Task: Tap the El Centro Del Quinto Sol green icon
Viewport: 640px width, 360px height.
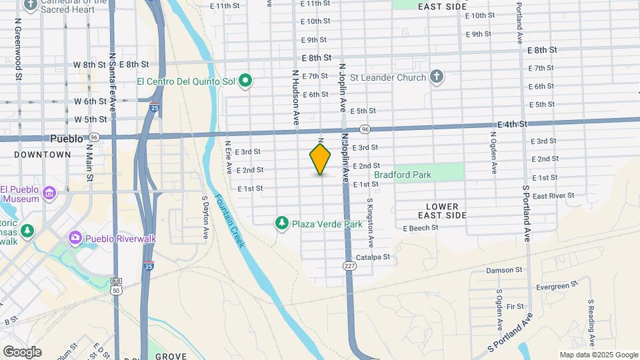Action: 245,81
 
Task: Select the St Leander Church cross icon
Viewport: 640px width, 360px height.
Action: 437,77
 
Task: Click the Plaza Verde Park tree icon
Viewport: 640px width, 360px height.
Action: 283,224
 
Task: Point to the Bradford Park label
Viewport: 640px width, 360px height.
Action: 403,175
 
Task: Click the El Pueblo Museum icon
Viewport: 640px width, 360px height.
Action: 49,194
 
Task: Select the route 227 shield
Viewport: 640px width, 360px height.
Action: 349,266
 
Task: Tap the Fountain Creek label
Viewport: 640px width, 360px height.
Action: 228,222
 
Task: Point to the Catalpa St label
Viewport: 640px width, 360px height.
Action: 373,257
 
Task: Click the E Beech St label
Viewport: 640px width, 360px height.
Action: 420,228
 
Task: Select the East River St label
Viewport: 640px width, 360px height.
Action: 553,196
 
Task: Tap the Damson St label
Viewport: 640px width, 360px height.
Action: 504,270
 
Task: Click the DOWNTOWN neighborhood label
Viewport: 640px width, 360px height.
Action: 42,155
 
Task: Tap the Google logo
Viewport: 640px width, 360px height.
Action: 22,351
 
